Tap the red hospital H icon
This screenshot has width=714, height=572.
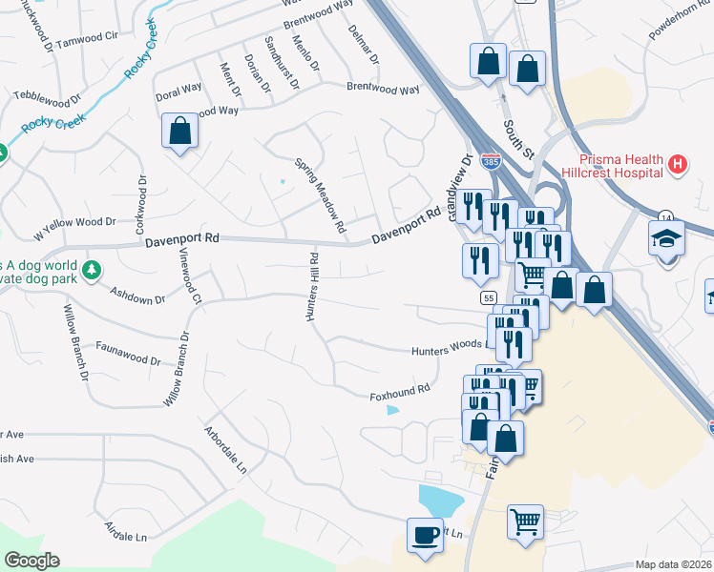point(677,165)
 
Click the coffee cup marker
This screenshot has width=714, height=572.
point(423,535)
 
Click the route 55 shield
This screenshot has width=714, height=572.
point(488,298)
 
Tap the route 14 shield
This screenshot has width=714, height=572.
point(664,218)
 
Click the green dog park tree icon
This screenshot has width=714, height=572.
point(92,271)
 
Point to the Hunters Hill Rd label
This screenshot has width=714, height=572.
point(310,288)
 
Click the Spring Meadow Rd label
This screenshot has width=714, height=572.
point(318,195)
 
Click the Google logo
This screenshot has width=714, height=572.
point(32,561)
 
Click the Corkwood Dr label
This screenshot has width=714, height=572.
point(141,204)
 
